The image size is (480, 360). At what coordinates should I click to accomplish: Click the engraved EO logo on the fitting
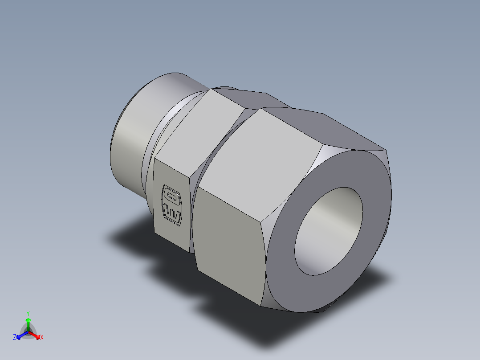tap(172, 204)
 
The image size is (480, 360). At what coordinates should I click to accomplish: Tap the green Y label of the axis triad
tap(28, 313)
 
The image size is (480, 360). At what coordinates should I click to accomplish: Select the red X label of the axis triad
tap(42, 338)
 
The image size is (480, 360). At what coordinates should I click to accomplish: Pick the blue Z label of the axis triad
tap(15, 338)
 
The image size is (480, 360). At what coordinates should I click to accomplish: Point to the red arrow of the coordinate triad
tap(35, 335)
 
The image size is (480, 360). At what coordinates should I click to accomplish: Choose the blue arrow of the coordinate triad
tap(21, 335)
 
